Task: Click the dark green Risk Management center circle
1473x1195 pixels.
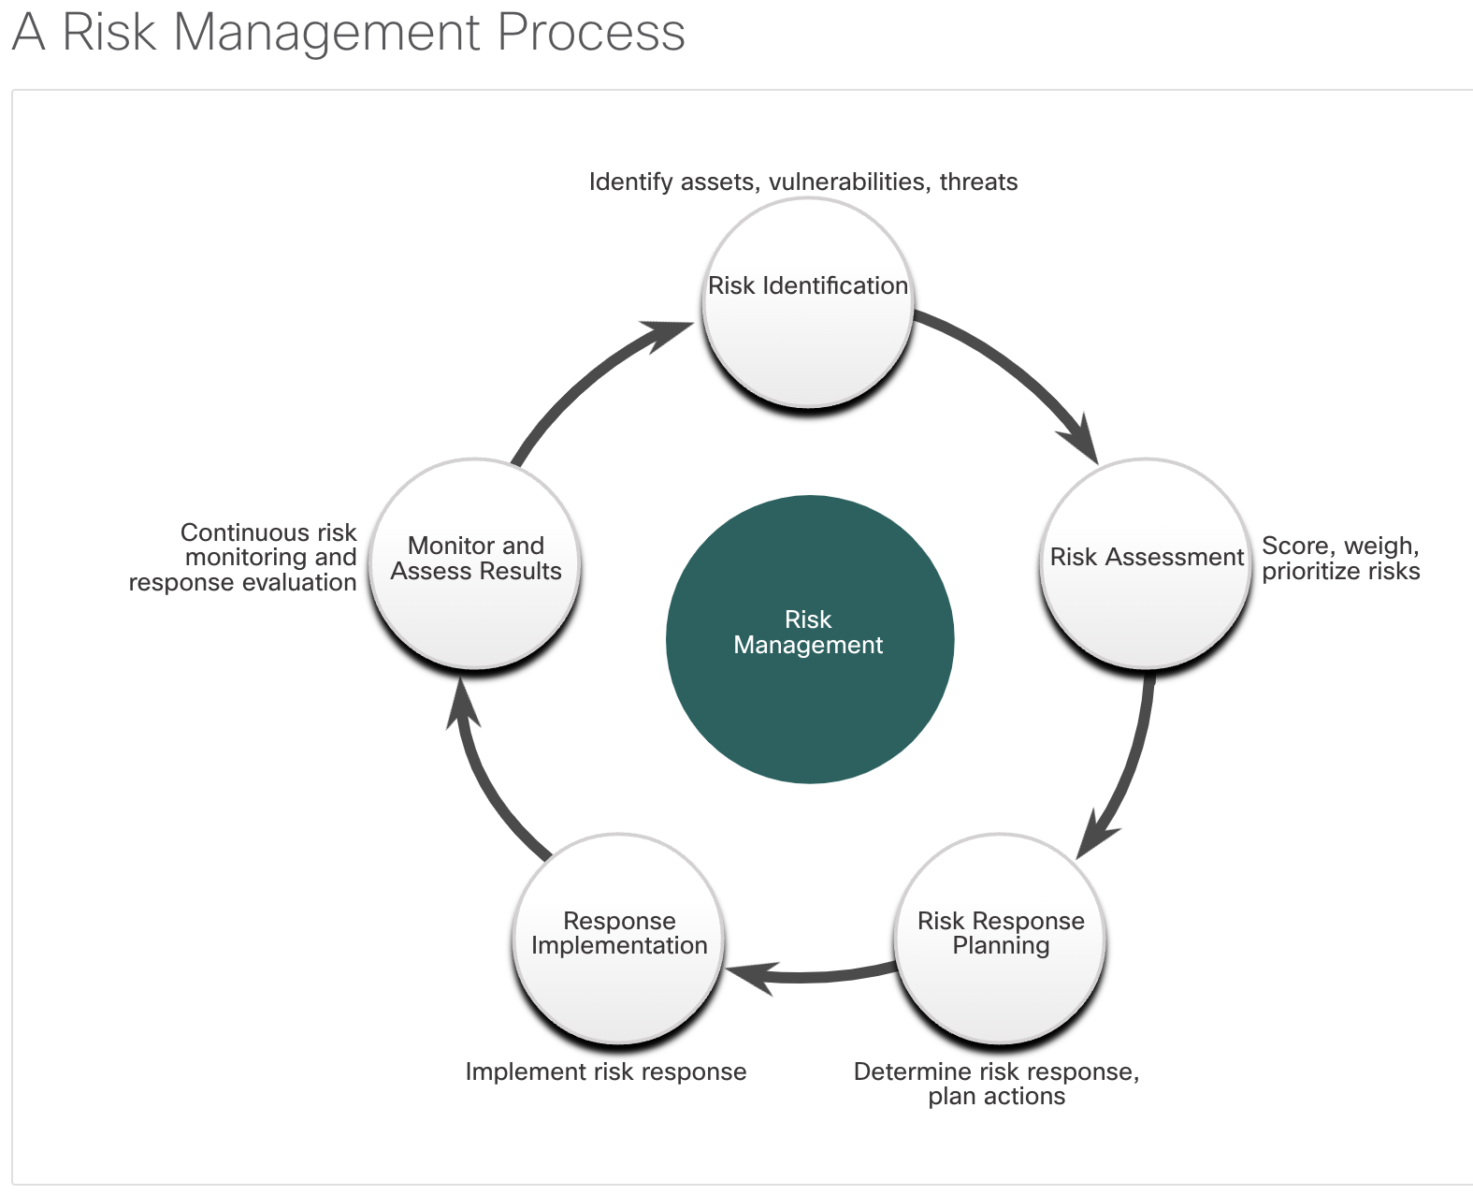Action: pyautogui.click(x=810, y=639)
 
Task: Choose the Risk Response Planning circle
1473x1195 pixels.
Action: pyautogui.click(x=1001, y=939)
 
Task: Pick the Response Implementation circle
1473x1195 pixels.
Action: pyautogui.click(x=619, y=939)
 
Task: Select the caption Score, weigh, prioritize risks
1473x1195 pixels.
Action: pyautogui.click(x=1340, y=558)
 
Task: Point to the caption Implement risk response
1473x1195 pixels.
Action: pyautogui.click(x=605, y=1071)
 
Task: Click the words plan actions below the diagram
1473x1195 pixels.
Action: pyautogui.click(x=996, y=1097)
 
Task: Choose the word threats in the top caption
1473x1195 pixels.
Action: pyautogui.click(x=978, y=182)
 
